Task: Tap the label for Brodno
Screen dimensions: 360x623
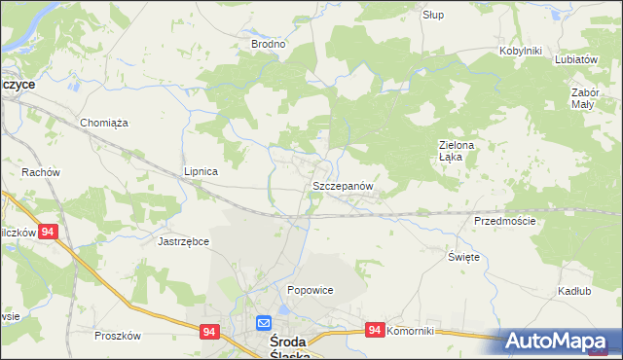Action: tap(268, 44)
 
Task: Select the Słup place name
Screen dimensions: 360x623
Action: tap(433, 15)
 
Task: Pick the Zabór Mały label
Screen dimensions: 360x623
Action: tap(583, 98)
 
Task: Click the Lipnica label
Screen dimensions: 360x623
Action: tap(201, 171)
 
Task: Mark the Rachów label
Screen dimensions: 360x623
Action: tap(41, 172)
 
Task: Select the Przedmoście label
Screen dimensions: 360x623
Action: tap(504, 221)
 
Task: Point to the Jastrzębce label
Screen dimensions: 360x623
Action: tap(184, 239)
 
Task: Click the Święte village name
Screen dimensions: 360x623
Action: tap(463, 257)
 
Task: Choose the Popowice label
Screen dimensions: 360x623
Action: tap(311, 290)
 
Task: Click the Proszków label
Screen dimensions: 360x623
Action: tap(119, 336)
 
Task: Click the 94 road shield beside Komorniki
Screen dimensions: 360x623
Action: tap(375, 332)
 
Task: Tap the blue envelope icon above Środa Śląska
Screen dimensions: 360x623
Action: tap(264, 323)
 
